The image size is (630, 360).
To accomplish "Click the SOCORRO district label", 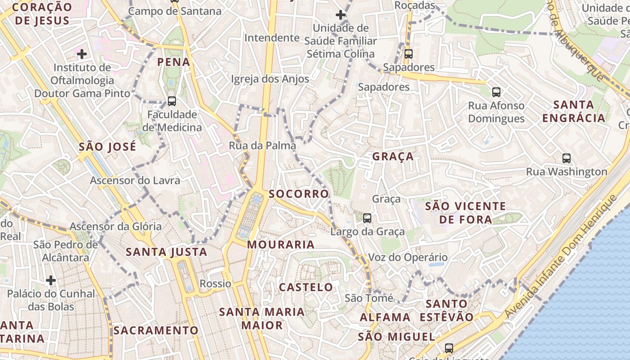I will click(x=299, y=194).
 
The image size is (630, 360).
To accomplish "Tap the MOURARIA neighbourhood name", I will click(x=281, y=245).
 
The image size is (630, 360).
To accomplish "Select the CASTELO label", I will click(x=306, y=287).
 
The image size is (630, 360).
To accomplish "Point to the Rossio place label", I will click(x=216, y=284).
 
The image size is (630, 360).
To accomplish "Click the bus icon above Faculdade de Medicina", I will click(x=171, y=101).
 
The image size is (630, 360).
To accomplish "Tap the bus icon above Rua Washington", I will click(x=566, y=158).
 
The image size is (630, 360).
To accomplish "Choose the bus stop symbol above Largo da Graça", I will click(x=367, y=218).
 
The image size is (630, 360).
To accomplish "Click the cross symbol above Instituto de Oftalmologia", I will click(x=81, y=54).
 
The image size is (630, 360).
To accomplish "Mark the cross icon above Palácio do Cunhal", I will click(x=51, y=280).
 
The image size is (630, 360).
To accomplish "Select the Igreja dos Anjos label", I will click(x=270, y=79).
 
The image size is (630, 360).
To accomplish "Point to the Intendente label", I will click(x=272, y=38).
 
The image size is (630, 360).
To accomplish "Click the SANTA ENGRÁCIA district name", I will click(x=574, y=112).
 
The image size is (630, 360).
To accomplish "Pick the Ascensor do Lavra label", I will click(x=135, y=180).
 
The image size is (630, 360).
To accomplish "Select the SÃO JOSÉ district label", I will click(x=107, y=147).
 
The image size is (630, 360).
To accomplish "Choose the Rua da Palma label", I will click(x=262, y=146).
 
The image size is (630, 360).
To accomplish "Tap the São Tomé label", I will click(x=369, y=298).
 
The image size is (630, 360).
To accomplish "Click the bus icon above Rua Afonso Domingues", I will click(x=496, y=92).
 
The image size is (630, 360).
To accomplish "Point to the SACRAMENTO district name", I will click(x=156, y=330).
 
